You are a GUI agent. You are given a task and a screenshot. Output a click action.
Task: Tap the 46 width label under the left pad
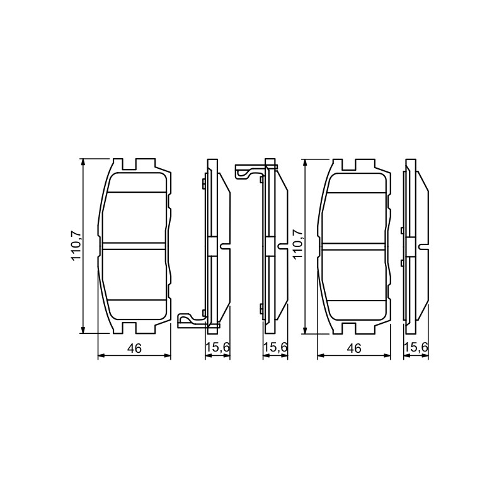134,348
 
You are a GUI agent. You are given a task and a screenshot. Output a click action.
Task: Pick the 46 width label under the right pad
354,348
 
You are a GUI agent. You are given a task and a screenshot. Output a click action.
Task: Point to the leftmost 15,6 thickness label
217,347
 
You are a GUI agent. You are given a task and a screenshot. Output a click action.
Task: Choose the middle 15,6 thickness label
275,347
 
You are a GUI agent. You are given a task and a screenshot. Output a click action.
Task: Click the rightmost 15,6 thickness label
416,347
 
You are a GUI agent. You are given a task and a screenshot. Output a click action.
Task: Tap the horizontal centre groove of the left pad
135,246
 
